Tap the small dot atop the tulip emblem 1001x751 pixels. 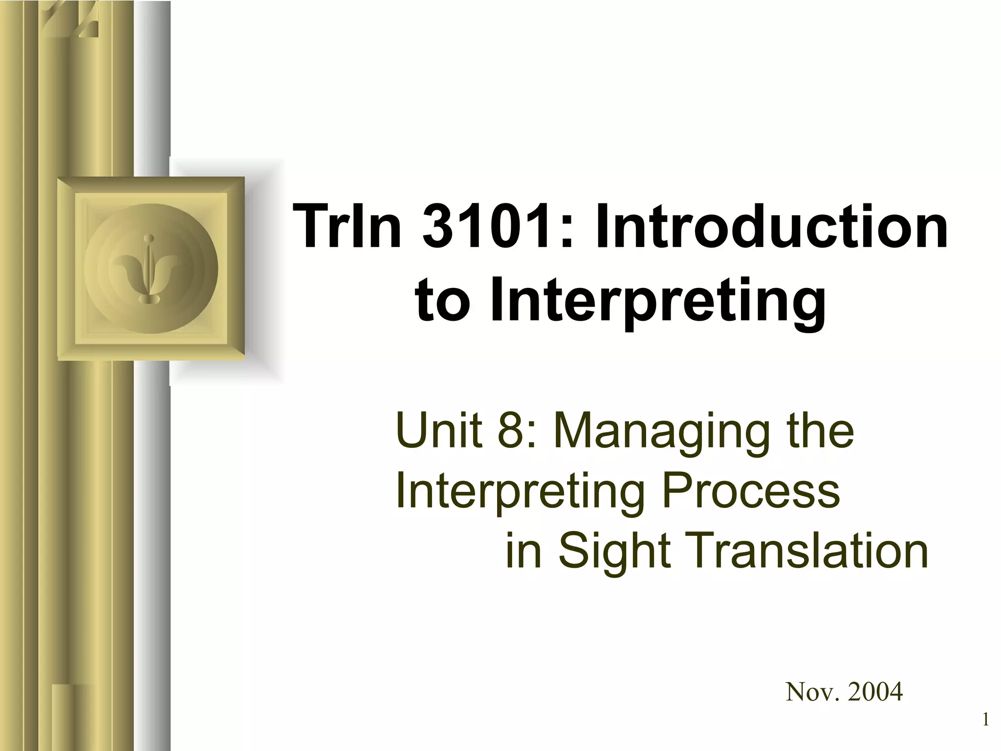click(152, 239)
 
